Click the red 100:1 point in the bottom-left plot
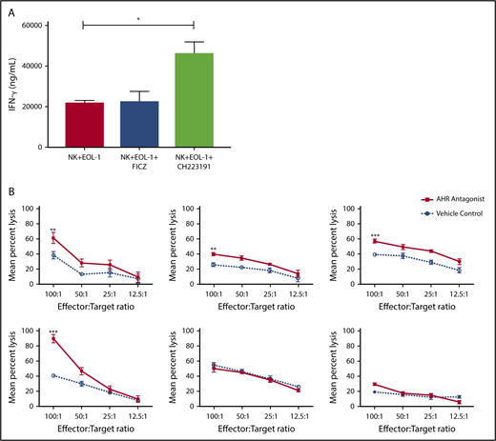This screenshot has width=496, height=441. [x=57, y=338]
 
